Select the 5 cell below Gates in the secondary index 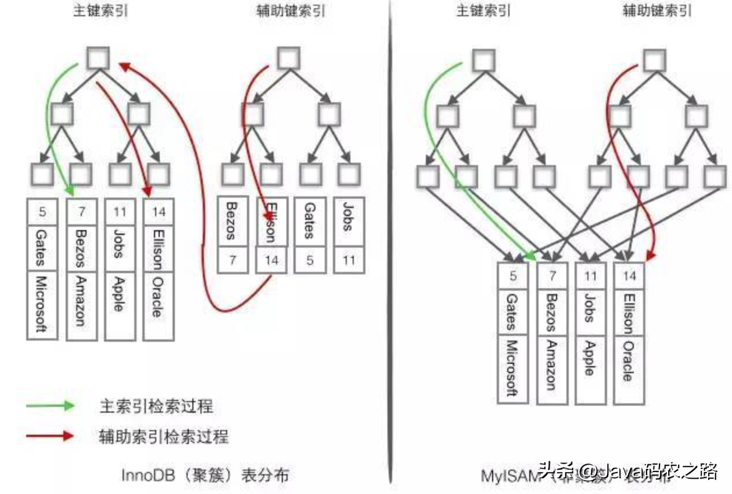pyautogui.click(x=310, y=260)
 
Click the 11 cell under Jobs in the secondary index pyautogui.click(x=349, y=260)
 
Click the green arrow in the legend pyautogui.click(x=50, y=406)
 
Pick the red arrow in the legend pyautogui.click(x=50, y=435)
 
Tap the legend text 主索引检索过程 pyautogui.click(x=156, y=406)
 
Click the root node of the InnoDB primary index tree pyautogui.click(x=98, y=58)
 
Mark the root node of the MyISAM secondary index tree pyautogui.click(x=654, y=60)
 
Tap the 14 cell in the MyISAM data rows pyautogui.click(x=629, y=275)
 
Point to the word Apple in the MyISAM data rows pyautogui.click(x=590, y=358)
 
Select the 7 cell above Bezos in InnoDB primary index pyautogui.click(x=81, y=212)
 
